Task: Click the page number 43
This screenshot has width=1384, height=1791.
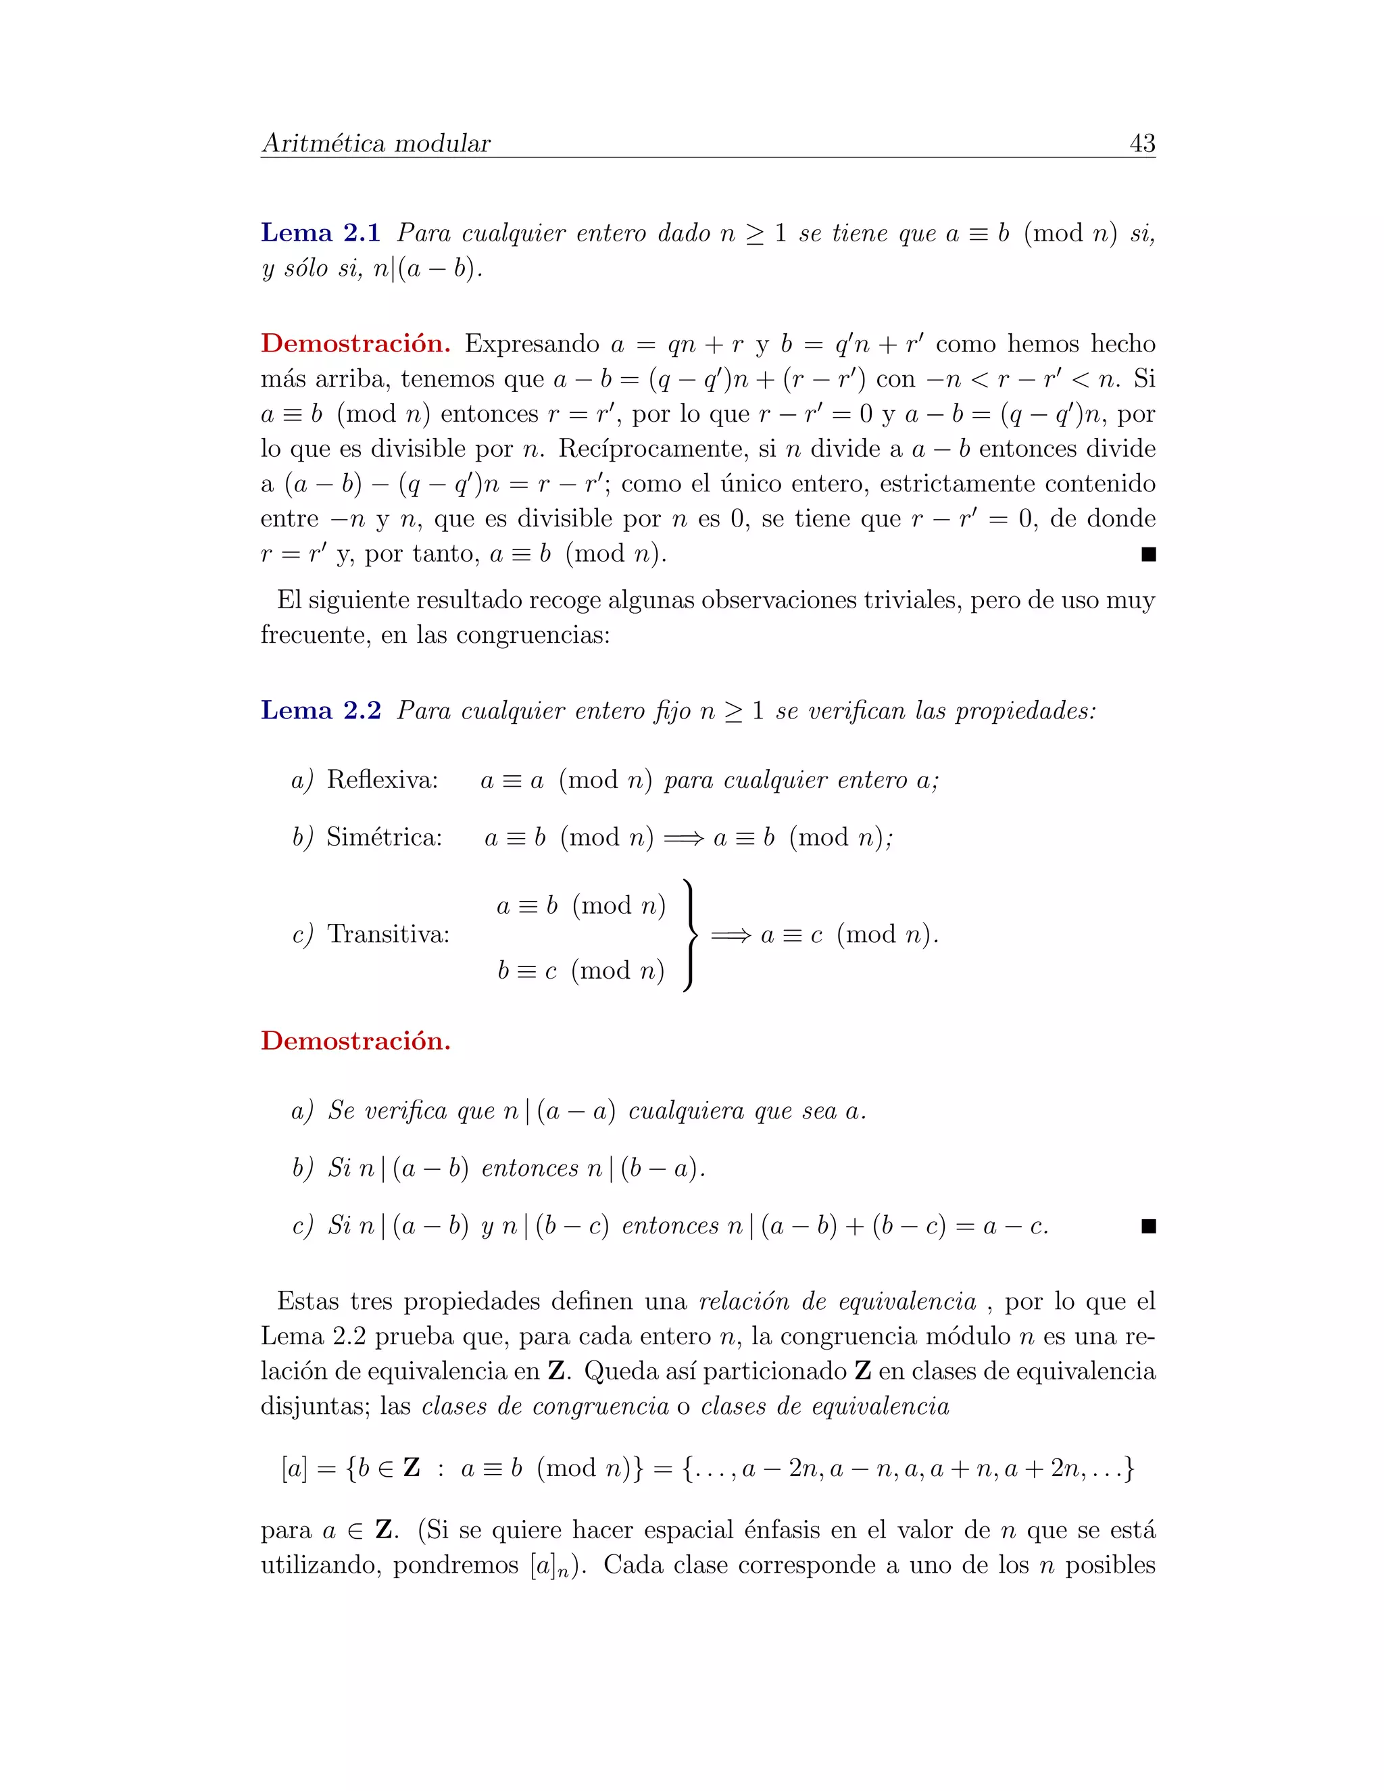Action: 1142,143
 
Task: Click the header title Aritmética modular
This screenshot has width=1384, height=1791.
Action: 376,143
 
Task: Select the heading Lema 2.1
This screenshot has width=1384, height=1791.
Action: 320,234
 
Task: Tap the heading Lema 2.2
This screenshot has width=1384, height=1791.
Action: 320,710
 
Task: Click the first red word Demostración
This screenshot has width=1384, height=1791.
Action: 355,343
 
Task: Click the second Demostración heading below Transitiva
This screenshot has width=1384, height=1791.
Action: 355,1041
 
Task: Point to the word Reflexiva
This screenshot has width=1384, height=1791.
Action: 382,779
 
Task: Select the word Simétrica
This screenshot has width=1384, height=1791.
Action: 384,837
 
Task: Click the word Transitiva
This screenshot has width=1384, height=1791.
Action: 388,934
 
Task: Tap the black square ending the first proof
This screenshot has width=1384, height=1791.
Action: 1148,555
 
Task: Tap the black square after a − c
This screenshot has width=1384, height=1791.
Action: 1148,1227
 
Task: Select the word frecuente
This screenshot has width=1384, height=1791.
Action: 315,635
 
